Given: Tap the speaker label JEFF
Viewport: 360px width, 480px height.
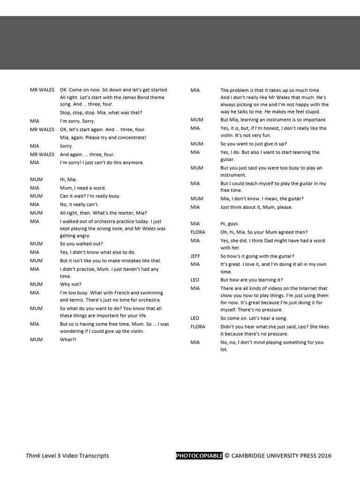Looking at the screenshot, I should tap(195, 256).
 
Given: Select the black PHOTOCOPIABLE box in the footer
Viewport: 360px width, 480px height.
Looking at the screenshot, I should tap(199, 455).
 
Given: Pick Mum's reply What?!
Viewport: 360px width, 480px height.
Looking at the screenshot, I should tap(68, 339).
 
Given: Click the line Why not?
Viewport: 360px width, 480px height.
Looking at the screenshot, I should tap(70, 284).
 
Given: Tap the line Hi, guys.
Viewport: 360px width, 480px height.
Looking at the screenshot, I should tap(230, 224).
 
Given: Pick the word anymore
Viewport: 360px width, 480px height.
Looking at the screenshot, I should tap(134, 162).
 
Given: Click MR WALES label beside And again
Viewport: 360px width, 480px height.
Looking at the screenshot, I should tap(42, 154).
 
